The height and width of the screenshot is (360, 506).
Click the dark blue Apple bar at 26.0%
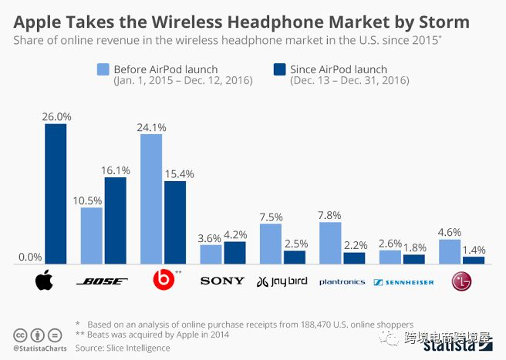(56, 194)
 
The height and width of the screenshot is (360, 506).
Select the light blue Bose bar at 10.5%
(92, 236)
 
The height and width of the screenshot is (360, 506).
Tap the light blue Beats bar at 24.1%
(151, 199)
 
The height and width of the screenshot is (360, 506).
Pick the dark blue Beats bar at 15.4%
(175, 223)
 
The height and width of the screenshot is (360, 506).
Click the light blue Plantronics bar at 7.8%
(330, 243)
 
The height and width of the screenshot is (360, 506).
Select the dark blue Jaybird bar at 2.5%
(295, 257)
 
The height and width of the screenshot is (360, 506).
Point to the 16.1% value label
(116, 170)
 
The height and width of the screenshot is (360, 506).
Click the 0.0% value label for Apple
(29, 257)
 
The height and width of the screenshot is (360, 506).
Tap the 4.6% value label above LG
(449, 231)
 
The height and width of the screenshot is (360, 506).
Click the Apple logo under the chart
(45, 281)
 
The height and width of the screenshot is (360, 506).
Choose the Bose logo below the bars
(104, 281)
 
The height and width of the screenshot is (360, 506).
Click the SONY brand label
(222, 281)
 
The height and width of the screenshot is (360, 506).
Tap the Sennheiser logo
(403, 282)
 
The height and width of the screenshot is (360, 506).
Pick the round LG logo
(461, 281)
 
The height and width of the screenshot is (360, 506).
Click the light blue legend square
(103, 71)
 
